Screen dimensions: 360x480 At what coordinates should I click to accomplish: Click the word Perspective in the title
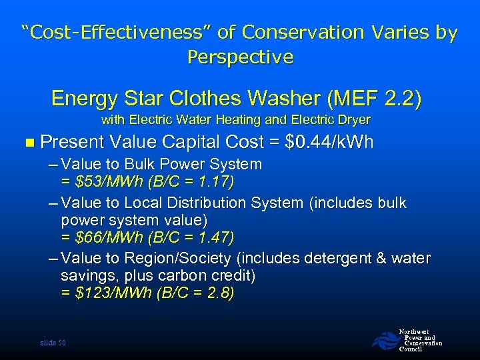(x=240, y=57)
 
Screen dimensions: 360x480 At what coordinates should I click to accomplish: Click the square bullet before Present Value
(x=27, y=142)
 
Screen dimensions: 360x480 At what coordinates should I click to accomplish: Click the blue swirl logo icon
(x=384, y=341)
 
